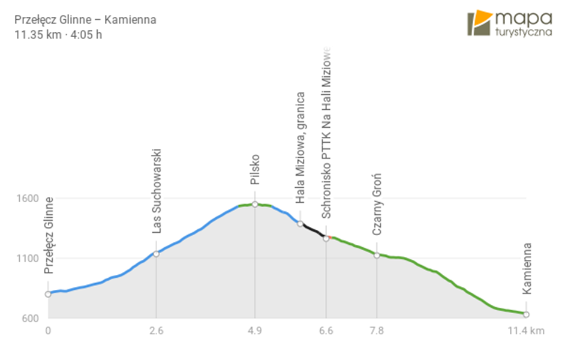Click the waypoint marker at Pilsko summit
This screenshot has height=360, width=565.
(x=255, y=205)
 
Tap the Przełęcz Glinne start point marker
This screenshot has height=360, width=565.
(x=48, y=294)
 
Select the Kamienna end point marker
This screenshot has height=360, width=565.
(x=526, y=314)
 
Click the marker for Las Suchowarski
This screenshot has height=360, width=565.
(x=156, y=254)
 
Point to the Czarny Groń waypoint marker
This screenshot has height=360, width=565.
(x=377, y=255)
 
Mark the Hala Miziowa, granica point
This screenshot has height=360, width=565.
(x=300, y=224)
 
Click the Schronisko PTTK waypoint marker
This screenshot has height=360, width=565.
(x=326, y=238)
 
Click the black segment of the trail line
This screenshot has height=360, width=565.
(x=313, y=230)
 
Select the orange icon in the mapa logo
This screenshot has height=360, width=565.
(x=479, y=23)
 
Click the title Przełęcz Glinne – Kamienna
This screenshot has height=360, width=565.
(x=85, y=20)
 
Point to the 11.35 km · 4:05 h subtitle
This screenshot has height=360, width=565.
(x=58, y=34)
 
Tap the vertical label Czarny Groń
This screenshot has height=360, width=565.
(x=377, y=203)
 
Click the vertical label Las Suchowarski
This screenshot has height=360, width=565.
(x=157, y=190)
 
